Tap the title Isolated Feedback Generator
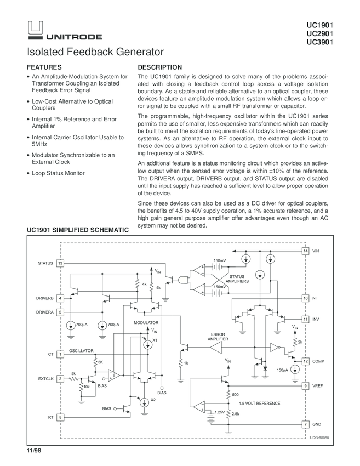[x=96, y=53]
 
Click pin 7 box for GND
[x=305, y=425]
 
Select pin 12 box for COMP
[x=305, y=361]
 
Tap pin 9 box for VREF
[x=305, y=386]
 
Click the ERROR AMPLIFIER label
[x=218, y=336]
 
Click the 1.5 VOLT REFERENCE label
[x=260, y=404]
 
